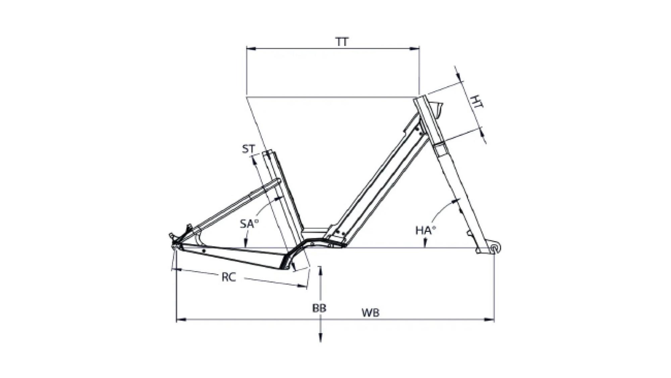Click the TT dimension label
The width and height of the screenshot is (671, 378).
point(342,42)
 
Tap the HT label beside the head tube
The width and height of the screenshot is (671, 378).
point(477,102)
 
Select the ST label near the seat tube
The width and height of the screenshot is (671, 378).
point(248,149)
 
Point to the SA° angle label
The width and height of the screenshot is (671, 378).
point(250,224)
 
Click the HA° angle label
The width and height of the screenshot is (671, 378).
point(425,230)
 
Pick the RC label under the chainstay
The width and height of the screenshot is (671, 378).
point(229,278)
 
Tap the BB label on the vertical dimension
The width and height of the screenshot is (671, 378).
point(319,308)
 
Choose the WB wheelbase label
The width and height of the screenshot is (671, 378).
point(371,313)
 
